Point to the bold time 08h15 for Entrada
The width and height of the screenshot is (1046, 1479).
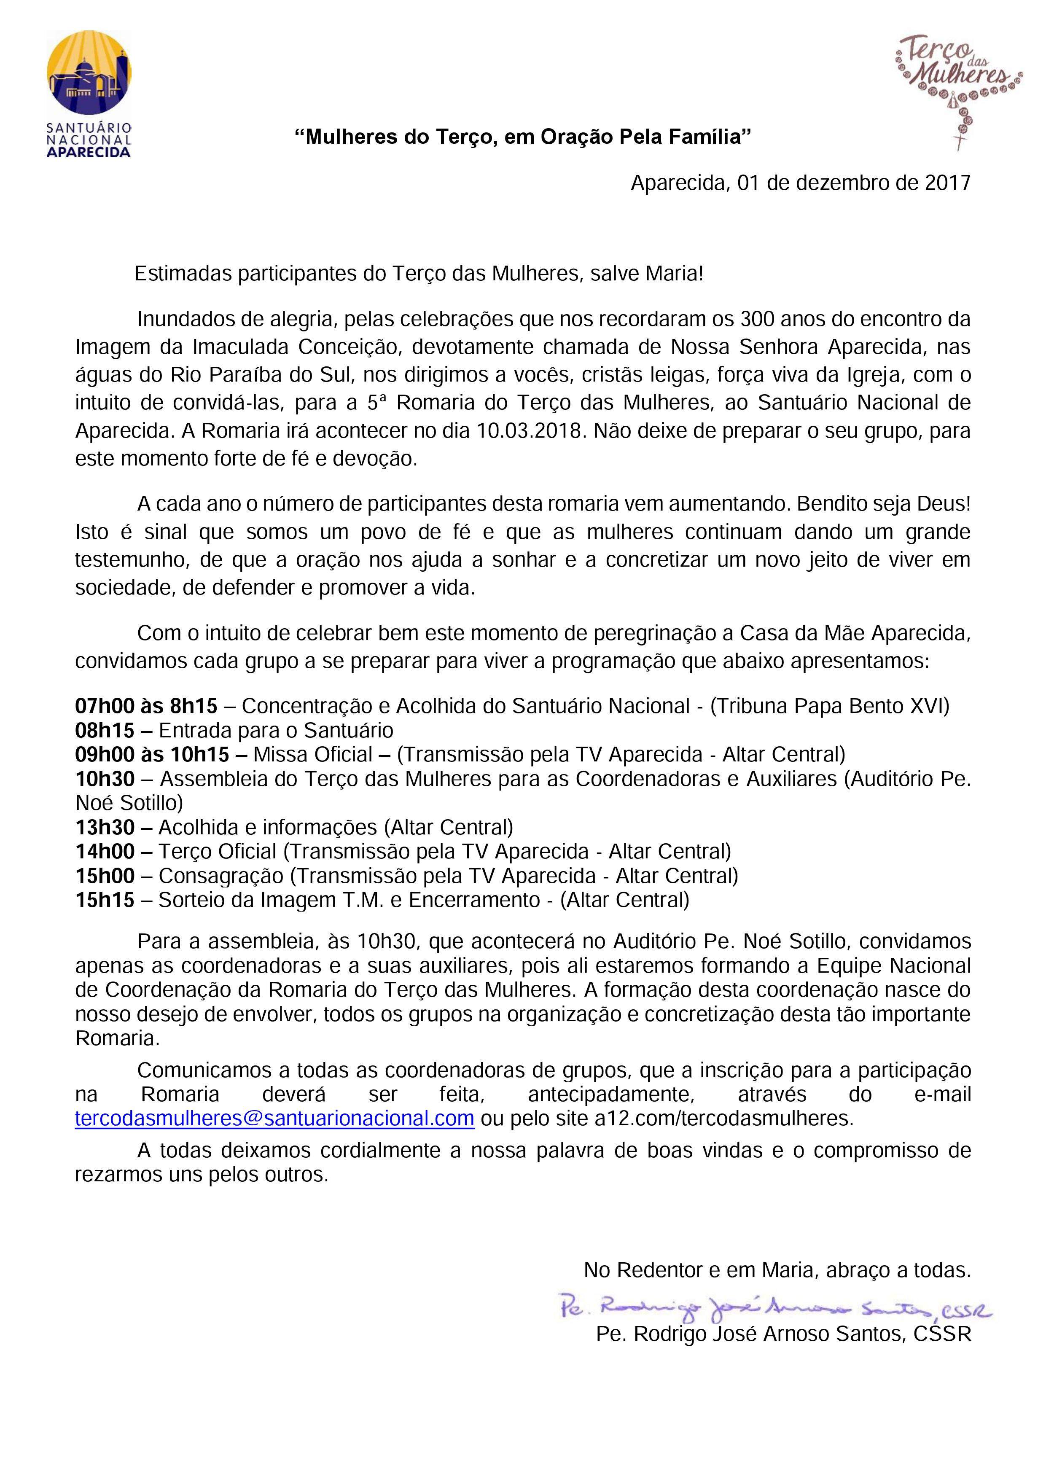104,731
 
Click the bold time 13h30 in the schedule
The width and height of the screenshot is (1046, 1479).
104,827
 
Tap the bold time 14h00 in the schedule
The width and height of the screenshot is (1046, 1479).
104,852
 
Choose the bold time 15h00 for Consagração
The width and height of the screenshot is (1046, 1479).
104,876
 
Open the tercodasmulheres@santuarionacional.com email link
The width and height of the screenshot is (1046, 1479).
274,1119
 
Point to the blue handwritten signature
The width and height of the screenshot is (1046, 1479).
773,1307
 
